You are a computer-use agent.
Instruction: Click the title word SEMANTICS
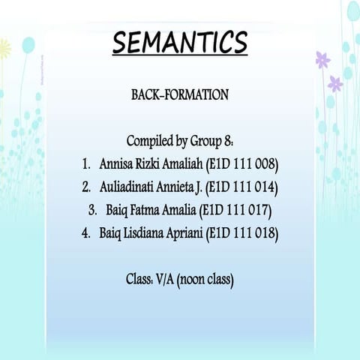pyautogui.click(x=180, y=43)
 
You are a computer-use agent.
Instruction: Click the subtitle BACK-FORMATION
pyautogui.click(x=180, y=95)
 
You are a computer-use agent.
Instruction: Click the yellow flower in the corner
pyautogui.click(x=4, y=49)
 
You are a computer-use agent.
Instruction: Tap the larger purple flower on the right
pyautogui.click(x=323, y=60)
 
